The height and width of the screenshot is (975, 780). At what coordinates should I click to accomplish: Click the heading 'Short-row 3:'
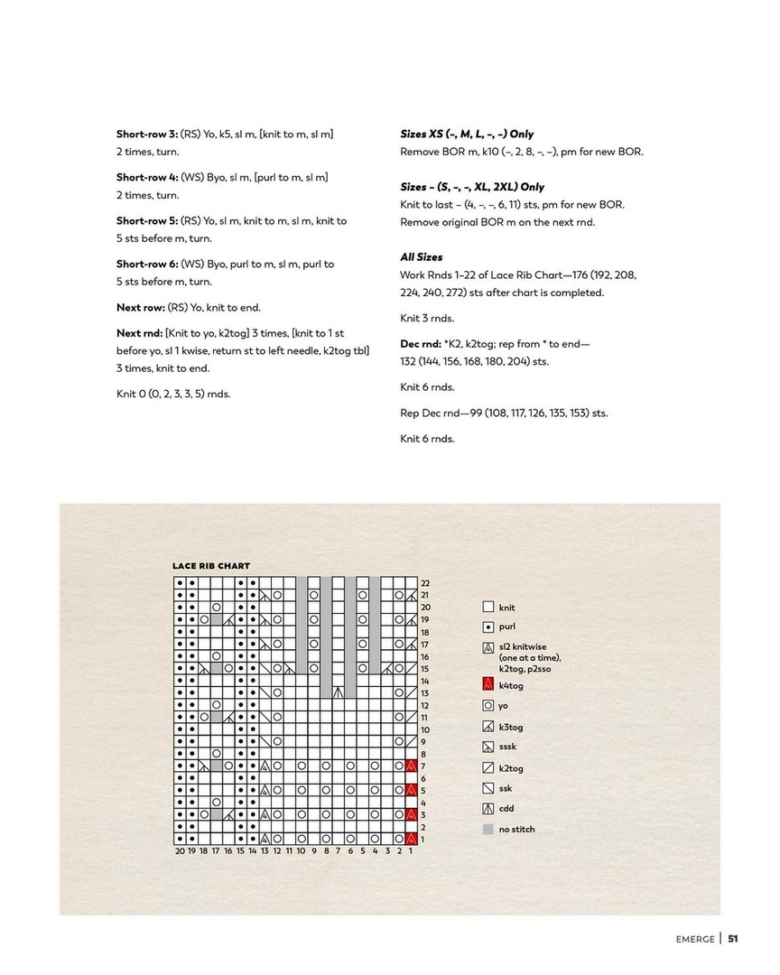[x=147, y=134]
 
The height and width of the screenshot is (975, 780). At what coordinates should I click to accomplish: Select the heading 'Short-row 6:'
[x=147, y=264]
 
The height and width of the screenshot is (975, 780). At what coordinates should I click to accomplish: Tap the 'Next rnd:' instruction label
[x=140, y=333]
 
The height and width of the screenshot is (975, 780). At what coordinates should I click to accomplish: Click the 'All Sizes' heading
[x=422, y=257]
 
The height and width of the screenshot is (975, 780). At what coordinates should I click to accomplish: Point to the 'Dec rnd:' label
[x=421, y=344]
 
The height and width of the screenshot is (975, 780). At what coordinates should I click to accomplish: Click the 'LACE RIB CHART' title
[x=211, y=566]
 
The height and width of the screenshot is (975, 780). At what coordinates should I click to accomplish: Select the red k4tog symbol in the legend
[x=488, y=685]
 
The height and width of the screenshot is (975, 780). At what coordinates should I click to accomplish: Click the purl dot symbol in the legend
[x=488, y=627]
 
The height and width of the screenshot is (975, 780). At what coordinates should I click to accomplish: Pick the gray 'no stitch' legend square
[x=488, y=829]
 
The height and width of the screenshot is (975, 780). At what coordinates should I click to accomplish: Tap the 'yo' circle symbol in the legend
[x=488, y=706]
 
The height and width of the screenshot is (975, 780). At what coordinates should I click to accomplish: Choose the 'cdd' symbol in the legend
[x=488, y=809]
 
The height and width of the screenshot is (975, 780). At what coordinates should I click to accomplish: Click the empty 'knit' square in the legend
[x=488, y=608]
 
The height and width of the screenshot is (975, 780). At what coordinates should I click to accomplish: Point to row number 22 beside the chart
[x=425, y=583]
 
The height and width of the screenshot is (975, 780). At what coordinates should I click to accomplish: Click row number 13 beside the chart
[x=425, y=692]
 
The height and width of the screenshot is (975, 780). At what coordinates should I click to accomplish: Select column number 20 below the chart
[x=180, y=850]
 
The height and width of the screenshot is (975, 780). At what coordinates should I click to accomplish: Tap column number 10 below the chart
[x=302, y=850]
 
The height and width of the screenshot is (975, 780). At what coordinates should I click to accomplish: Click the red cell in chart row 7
[x=411, y=766]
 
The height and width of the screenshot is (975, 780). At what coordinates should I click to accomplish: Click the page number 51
[x=733, y=938]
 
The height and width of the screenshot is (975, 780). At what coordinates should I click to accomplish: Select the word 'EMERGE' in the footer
[x=695, y=938]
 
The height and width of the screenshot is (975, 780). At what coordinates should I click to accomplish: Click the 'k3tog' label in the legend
[x=511, y=727]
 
